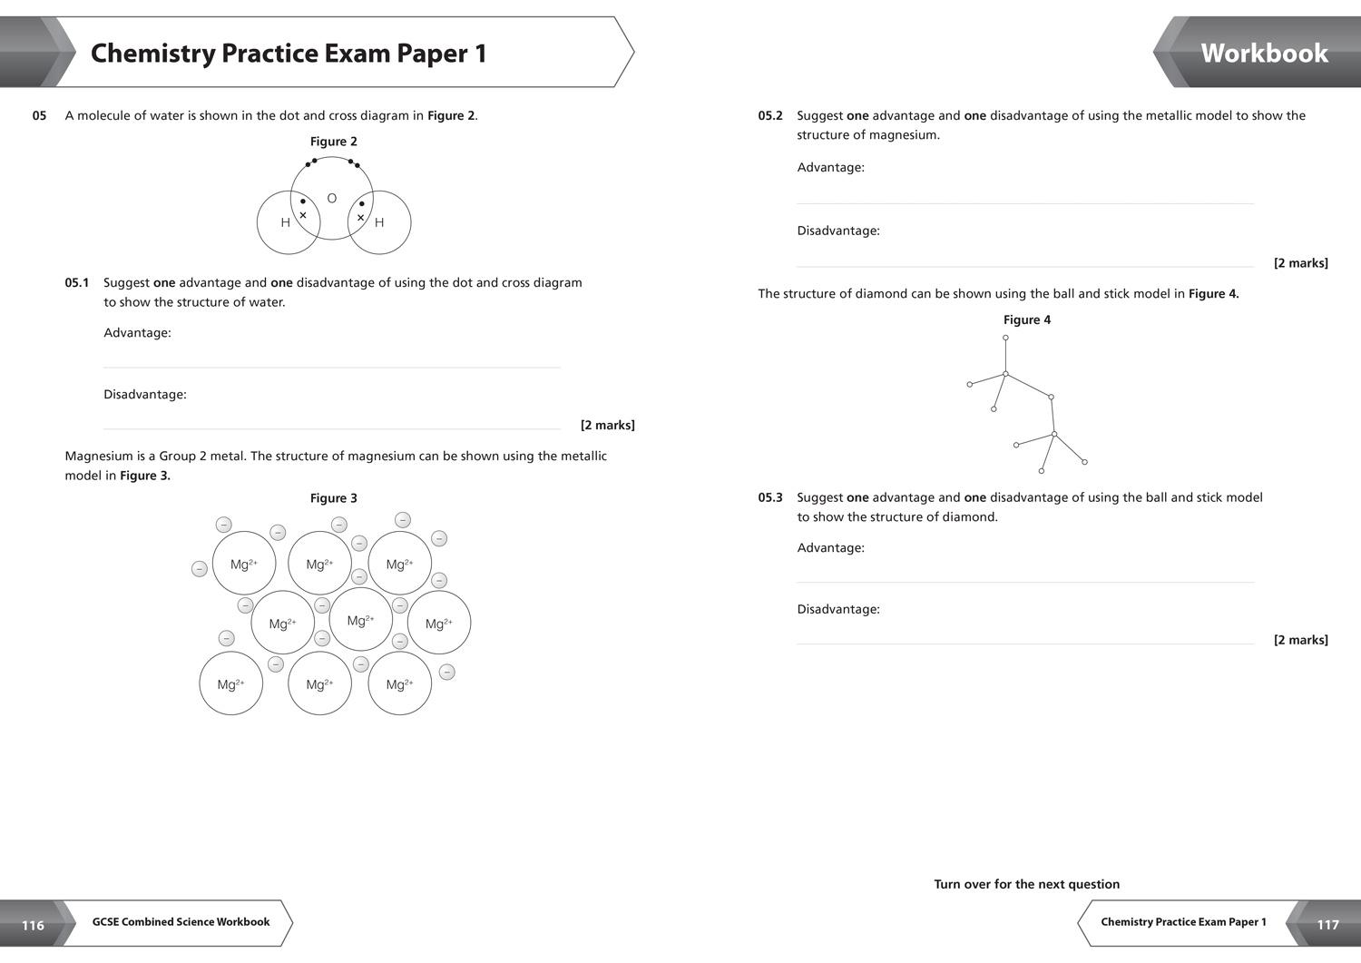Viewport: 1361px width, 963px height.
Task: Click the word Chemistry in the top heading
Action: point(152,54)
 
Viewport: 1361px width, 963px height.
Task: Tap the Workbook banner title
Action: point(1264,54)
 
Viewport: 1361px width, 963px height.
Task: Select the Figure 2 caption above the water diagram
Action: point(333,142)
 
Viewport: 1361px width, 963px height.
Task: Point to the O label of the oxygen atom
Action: point(332,198)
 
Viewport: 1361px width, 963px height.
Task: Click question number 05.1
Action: point(77,282)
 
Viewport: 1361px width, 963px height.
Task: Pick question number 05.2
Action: point(770,115)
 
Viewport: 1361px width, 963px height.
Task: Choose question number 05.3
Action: point(770,497)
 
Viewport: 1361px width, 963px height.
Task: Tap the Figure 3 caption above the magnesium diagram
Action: point(333,498)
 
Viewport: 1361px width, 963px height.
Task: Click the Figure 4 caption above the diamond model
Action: point(1026,319)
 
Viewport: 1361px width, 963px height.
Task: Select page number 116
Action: point(33,925)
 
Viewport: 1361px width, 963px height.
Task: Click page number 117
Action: point(1327,925)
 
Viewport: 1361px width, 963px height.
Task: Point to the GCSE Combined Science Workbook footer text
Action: point(181,922)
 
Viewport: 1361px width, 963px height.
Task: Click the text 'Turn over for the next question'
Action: point(1026,884)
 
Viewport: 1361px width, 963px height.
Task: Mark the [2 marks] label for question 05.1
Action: point(607,425)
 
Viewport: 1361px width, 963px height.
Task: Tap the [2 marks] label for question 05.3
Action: point(1300,640)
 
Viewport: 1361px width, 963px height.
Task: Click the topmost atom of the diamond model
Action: point(1005,338)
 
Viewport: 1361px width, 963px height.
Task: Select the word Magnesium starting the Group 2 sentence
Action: point(99,456)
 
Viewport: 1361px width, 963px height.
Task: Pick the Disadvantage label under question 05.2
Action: point(838,231)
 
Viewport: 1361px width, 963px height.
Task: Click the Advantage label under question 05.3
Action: point(830,547)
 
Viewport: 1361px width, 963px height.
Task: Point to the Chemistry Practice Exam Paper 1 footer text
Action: point(1183,922)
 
